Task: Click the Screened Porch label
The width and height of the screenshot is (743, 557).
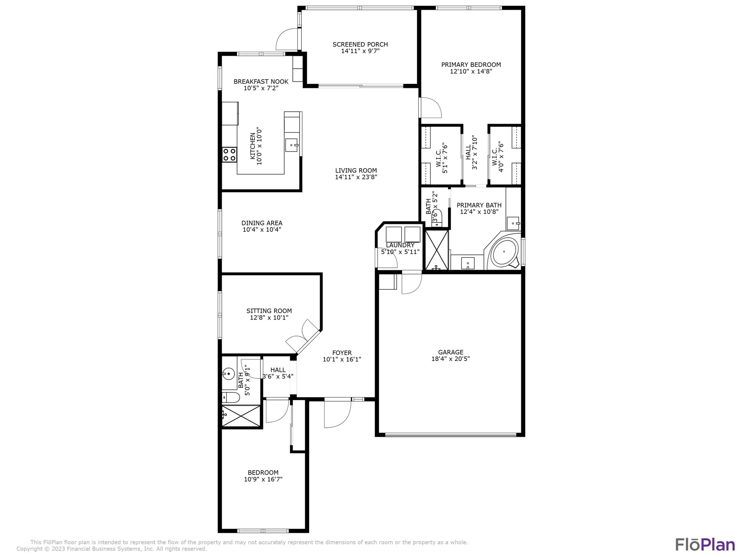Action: (360, 45)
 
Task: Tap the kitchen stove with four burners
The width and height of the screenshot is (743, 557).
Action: (229, 154)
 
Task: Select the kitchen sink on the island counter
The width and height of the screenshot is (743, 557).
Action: (292, 145)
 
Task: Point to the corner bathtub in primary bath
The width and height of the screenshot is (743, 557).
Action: (504, 252)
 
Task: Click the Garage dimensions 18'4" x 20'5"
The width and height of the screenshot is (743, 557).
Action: (450, 359)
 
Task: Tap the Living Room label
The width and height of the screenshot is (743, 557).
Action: (356, 171)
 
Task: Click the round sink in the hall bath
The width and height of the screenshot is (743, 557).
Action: (228, 374)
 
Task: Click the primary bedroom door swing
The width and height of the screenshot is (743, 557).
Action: (430, 108)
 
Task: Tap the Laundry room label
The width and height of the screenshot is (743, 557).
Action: (400, 245)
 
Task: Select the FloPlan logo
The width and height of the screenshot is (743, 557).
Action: (705, 545)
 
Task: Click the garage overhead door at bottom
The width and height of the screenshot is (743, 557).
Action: (450, 434)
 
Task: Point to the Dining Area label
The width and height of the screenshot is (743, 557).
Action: (262, 223)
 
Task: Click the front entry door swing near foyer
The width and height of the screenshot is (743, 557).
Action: (337, 414)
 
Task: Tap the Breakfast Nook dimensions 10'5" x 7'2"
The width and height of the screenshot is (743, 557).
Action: (261, 88)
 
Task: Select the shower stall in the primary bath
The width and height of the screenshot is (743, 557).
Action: (437, 250)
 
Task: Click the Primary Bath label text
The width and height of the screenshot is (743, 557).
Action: (479, 205)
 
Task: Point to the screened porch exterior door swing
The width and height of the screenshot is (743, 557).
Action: (287, 40)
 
